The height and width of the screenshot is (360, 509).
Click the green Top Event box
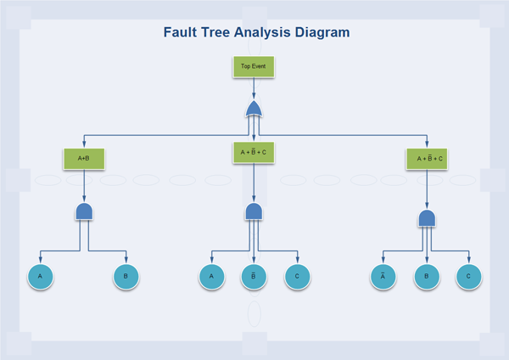(253, 66)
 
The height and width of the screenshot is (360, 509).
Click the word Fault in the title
(182, 32)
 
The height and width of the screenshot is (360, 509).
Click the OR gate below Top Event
(254, 109)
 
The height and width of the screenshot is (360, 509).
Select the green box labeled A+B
(83, 158)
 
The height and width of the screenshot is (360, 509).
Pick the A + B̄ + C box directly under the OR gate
(253, 152)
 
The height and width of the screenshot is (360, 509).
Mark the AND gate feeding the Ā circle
(427, 218)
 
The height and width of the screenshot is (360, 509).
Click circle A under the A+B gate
(40, 276)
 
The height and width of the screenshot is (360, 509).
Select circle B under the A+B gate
(126, 276)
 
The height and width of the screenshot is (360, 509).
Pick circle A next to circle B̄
(211, 276)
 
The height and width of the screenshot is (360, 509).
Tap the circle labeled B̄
(254, 276)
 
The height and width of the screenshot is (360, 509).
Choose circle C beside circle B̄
(298, 276)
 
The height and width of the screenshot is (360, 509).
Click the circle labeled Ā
(383, 276)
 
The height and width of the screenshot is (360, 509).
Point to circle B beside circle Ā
(427, 276)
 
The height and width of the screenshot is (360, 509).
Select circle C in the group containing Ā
(469, 276)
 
